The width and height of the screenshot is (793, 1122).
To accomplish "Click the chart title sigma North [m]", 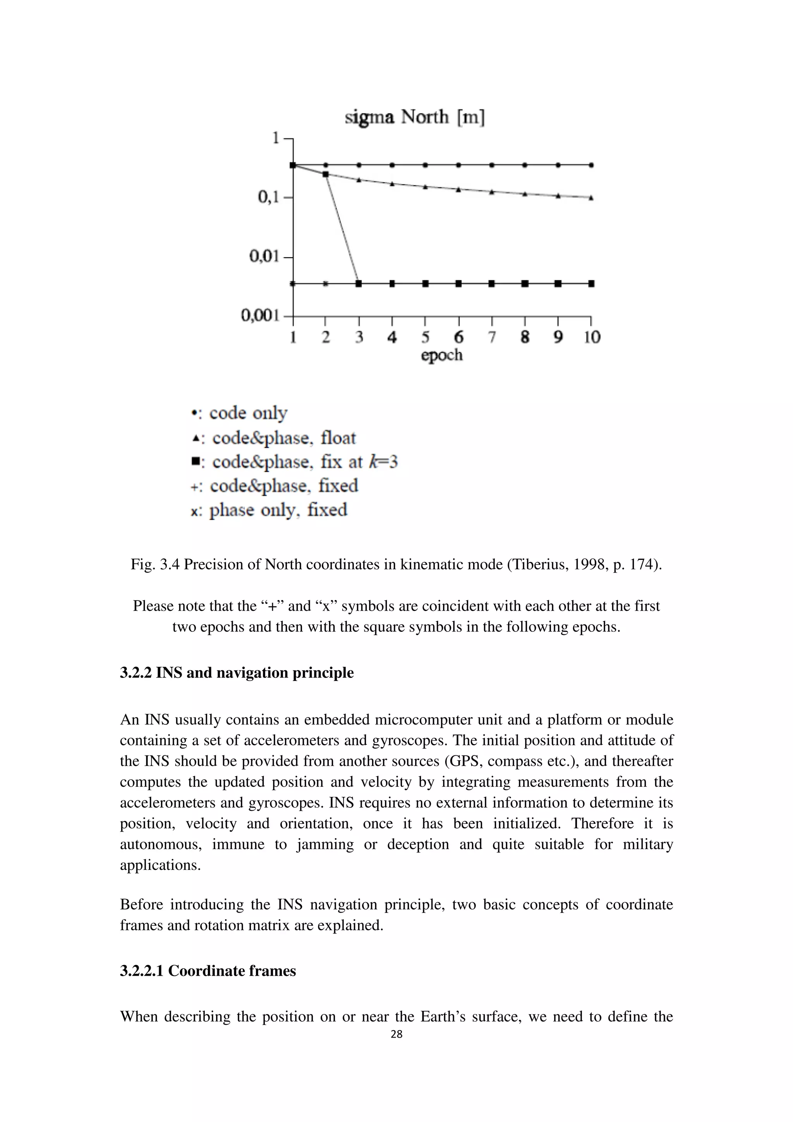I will tap(414, 117).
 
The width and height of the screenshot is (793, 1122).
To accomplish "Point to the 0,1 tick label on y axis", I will tap(268, 197).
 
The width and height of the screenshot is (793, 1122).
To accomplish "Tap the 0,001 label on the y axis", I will tap(260, 316).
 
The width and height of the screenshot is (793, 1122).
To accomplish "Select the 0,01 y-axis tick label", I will tap(264, 256).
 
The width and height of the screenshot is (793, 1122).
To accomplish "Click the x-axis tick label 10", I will tap(592, 337).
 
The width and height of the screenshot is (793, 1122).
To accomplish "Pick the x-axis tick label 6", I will tap(458, 337).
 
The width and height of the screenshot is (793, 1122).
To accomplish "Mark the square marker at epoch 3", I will tap(359, 283).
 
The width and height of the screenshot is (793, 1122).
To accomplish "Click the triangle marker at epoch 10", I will tap(591, 198).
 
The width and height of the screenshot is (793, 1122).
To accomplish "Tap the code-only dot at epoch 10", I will tap(591, 165).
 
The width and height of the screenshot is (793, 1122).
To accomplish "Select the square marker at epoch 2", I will tap(326, 174).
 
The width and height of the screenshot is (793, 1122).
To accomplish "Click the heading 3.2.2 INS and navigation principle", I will tap(237, 673).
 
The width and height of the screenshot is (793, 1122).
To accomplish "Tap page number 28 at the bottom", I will tap(396, 1034).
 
